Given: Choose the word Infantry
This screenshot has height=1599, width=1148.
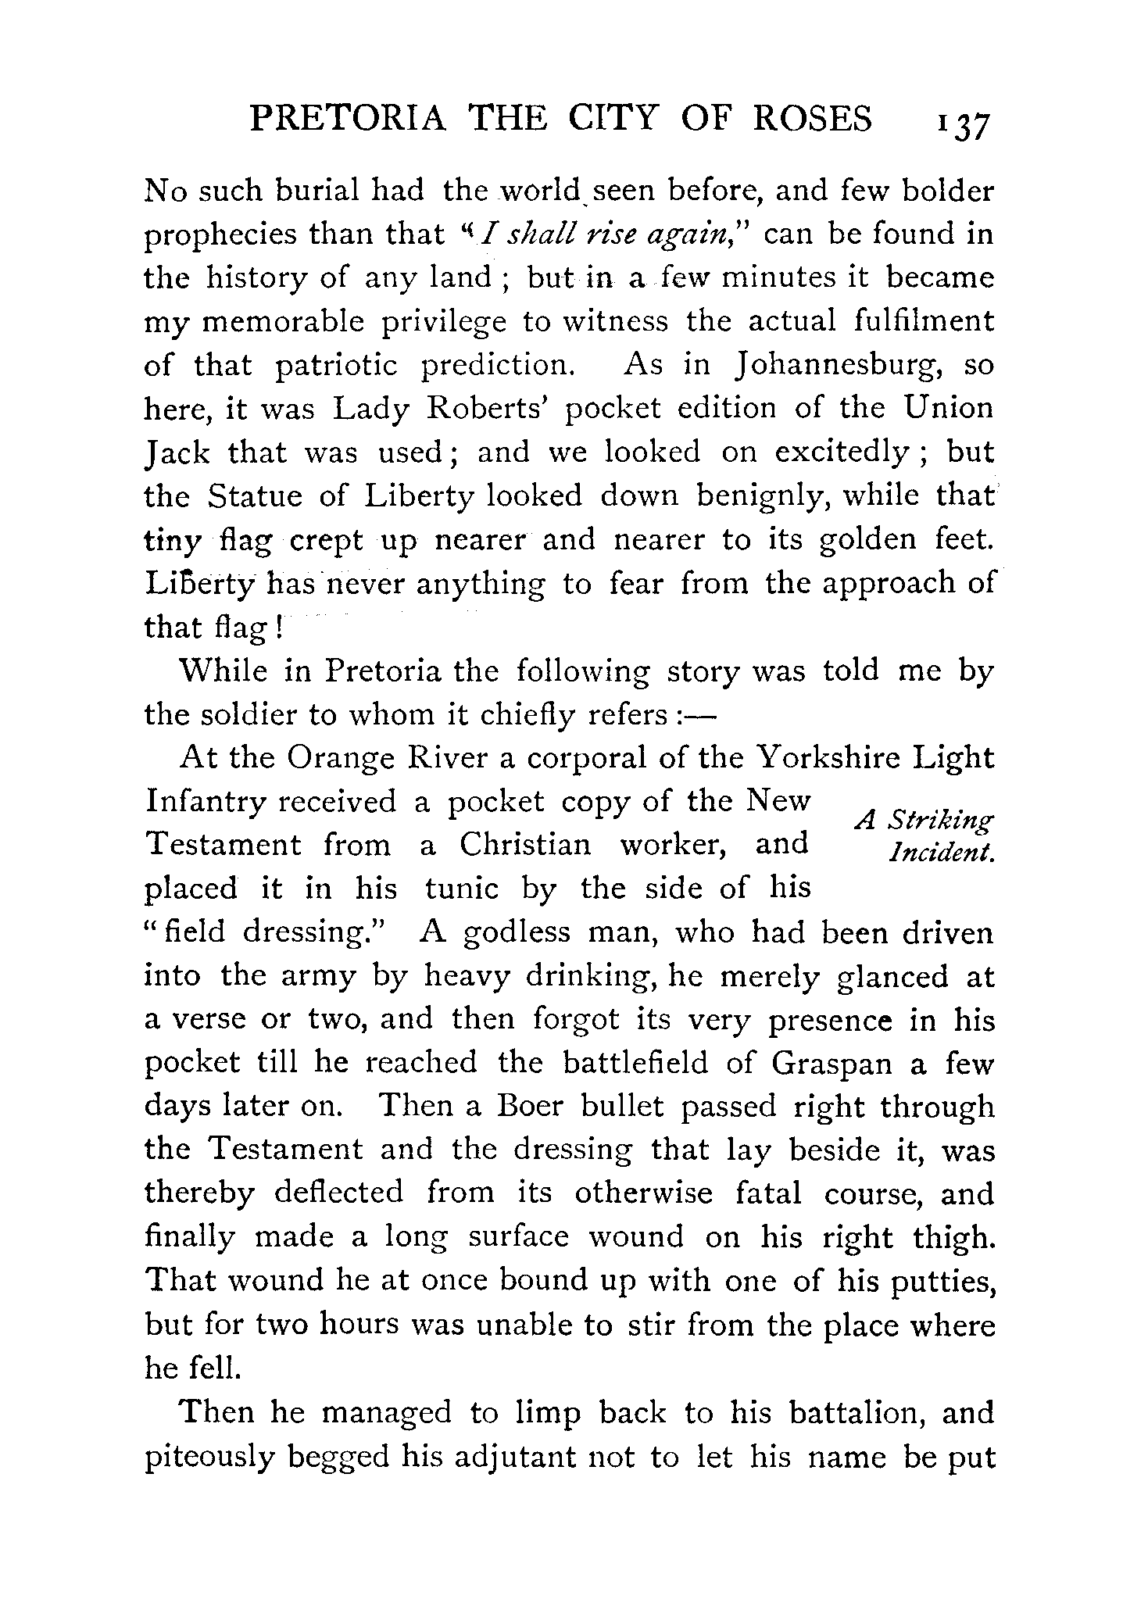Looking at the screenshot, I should click(203, 803).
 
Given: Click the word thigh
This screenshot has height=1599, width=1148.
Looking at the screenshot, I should click(954, 1237).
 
